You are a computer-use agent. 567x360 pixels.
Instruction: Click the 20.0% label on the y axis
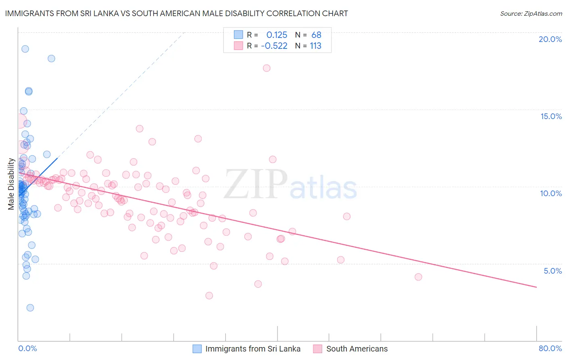pos(550,39)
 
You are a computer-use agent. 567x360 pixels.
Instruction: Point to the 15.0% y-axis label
pos(551,116)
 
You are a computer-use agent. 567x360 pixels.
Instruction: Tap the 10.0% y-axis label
pos(551,193)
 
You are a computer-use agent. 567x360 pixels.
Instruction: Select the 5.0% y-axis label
pos(552,271)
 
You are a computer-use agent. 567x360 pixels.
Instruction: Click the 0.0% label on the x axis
pos(27,348)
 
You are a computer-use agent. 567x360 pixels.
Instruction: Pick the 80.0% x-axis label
pos(550,348)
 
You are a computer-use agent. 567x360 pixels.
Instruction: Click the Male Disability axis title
pos(11,184)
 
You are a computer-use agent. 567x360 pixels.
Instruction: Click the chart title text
pos(176,13)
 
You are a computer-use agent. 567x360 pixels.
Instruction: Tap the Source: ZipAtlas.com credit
pos(531,14)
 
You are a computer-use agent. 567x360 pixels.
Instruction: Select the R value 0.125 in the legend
pos(277,35)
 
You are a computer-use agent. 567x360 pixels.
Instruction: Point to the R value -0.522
pos(274,46)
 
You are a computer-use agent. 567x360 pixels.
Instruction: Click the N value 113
pos(315,46)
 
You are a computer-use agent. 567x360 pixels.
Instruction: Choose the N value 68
pos(316,35)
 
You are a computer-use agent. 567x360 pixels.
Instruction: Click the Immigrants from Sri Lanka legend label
pos(253,349)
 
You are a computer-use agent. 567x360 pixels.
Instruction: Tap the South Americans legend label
pos(357,349)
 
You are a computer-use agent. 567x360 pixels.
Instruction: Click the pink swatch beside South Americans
pos(318,349)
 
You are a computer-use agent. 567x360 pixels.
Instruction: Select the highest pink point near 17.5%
pos(267,68)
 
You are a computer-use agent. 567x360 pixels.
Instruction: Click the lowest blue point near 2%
pos(30,308)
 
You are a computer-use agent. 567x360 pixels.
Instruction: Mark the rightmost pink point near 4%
pos(418,277)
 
